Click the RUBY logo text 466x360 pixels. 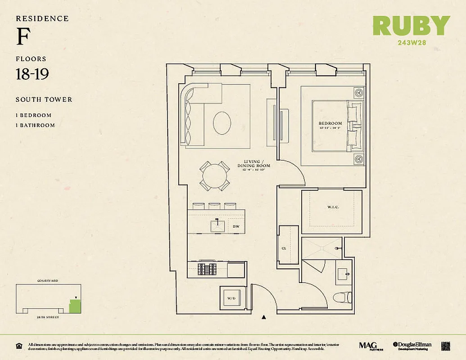pos(411,26)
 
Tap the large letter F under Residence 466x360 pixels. pos(23,38)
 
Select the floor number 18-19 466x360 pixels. pos(32,74)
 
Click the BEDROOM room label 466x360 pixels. pos(330,123)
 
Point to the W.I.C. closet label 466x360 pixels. pos(332,208)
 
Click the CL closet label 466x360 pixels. pos(284,248)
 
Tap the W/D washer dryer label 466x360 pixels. pos(231,298)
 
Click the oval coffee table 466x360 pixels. pos(222,122)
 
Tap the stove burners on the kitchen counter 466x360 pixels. pos(207,269)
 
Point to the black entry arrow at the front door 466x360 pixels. pos(264,318)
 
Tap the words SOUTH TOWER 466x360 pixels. pos(44,99)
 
